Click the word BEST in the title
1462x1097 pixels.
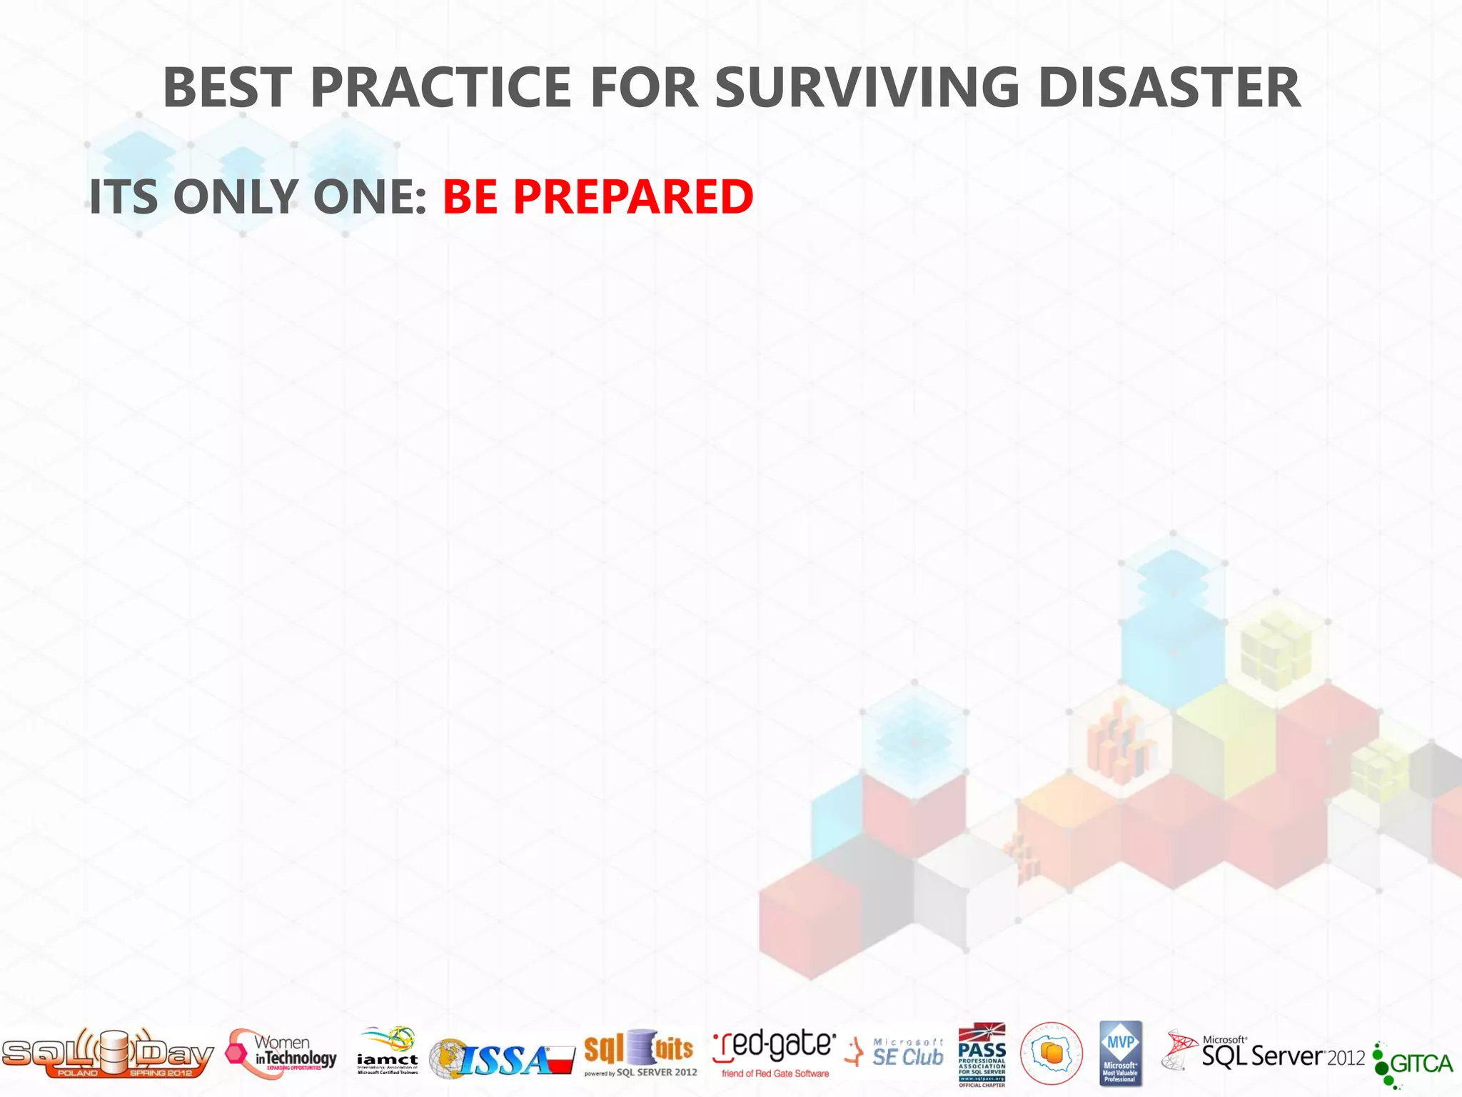click(x=228, y=88)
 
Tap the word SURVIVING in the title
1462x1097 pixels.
click(x=867, y=88)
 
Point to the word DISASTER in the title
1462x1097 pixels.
click(x=1169, y=88)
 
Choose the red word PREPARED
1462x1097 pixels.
click(x=633, y=196)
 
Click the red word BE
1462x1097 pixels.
click(x=470, y=196)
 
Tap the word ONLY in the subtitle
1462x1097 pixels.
click(x=236, y=196)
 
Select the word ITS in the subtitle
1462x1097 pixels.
click(x=123, y=196)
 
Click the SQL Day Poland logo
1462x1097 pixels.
click(x=107, y=1053)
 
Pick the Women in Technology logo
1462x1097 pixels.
click(x=282, y=1053)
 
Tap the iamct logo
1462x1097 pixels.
click(x=388, y=1051)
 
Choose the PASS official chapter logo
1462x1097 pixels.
click(x=982, y=1054)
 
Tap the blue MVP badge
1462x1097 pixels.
click(x=1121, y=1053)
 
